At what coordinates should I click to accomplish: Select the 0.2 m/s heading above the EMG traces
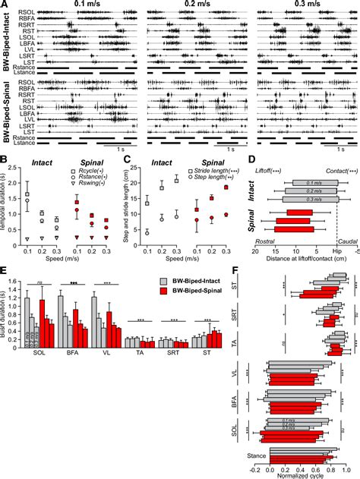pos(193,5)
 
